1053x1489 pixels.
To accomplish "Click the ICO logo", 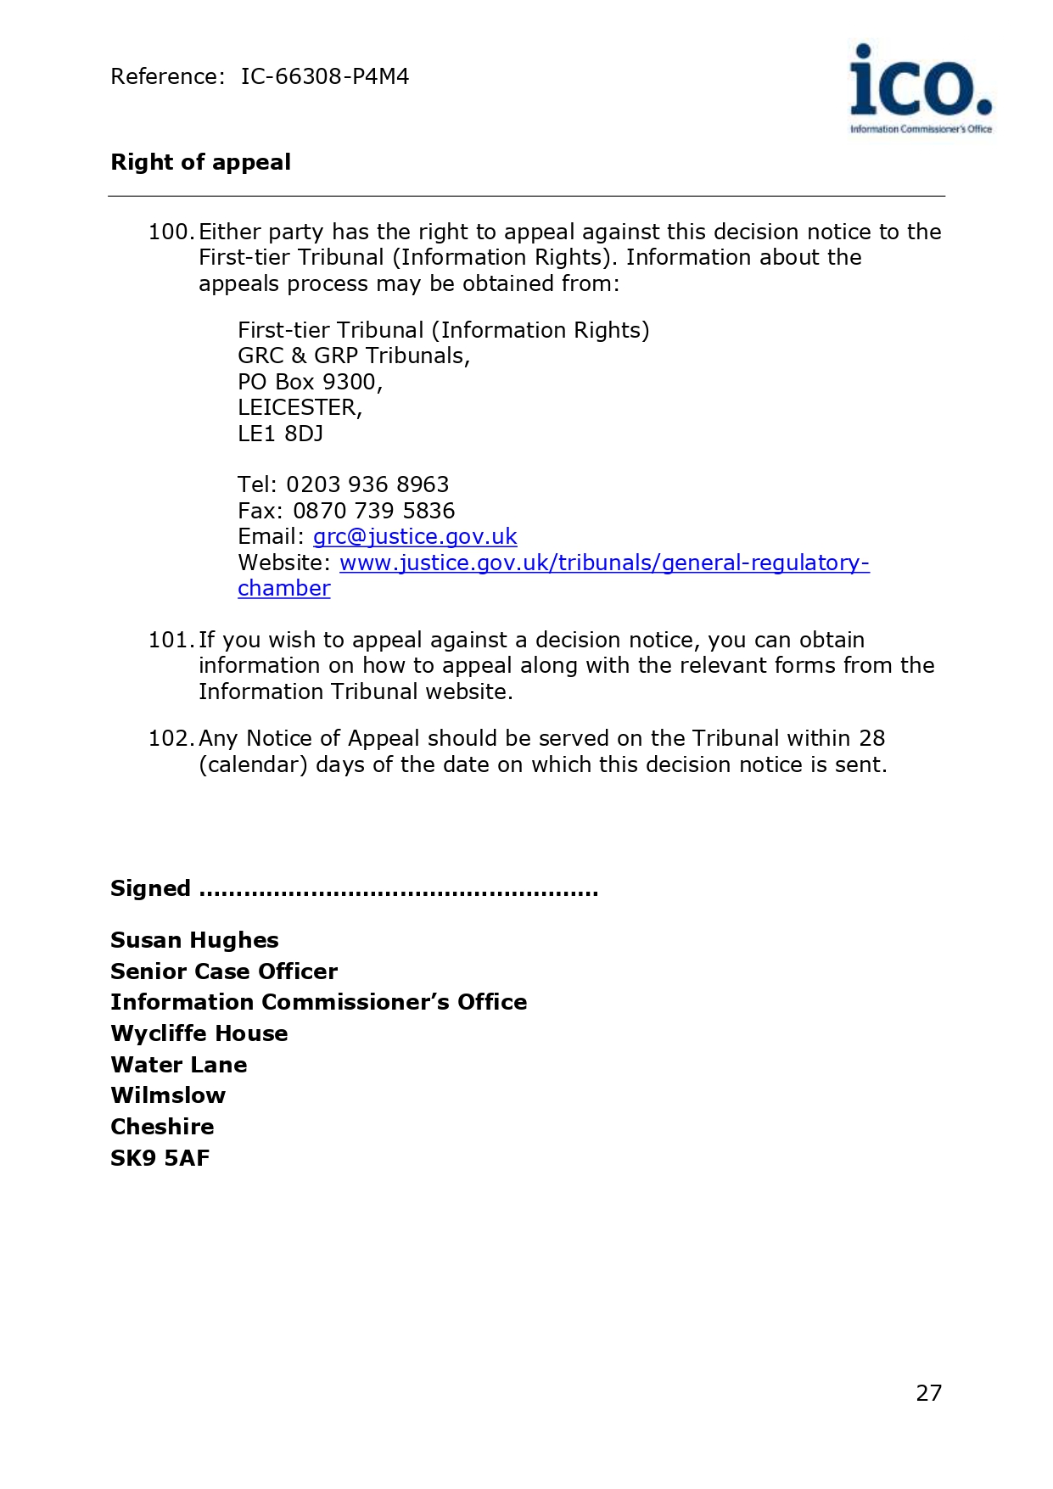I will (921, 88).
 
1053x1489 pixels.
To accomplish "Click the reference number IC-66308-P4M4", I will (325, 77).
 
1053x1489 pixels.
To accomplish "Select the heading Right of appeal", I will (201, 162).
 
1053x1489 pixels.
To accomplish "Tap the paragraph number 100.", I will (171, 232).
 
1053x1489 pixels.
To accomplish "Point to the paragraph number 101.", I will (171, 640).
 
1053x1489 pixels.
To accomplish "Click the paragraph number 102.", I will (171, 738).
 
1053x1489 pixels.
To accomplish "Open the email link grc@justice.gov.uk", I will (415, 536).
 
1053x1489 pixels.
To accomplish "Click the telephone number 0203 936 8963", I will (367, 484).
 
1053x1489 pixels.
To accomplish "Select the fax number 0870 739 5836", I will (373, 511).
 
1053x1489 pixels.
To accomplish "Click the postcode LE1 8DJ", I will (280, 434).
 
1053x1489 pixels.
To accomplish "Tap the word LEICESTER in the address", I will (298, 408).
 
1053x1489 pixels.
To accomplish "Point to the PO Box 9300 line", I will (310, 382).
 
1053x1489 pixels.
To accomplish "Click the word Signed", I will (150, 888).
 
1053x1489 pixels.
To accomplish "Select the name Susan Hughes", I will (194, 940).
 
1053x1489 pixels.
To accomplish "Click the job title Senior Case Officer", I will (224, 971).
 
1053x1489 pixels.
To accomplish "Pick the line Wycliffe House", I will (199, 1033).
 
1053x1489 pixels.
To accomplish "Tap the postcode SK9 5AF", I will (160, 1158).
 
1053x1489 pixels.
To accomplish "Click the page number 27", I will (929, 1393).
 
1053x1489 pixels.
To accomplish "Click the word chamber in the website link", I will (283, 588).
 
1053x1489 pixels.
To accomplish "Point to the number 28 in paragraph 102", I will (871, 738).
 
